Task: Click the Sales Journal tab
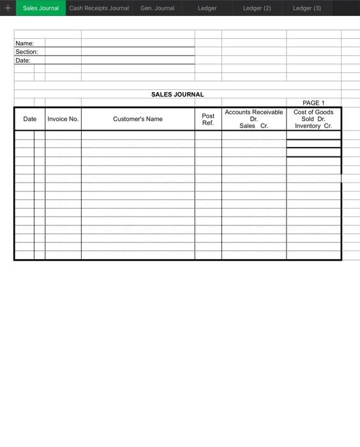click(41, 8)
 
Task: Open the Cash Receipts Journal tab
click(99, 8)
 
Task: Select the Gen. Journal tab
click(157, 8)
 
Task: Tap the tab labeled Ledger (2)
click(257, 8)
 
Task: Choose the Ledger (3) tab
click(307, 8)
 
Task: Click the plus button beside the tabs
click(8, 8)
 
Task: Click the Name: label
click(24, 43)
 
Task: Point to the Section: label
click(27, 52)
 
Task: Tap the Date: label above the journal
click(23, 60)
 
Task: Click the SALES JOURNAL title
click(177, 95)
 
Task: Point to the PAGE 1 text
click(313, 103)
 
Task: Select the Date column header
click(30, 119)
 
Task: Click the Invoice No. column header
click(63, 119)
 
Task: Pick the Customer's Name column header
click(138, 119)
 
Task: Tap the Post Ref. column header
click(208, 119)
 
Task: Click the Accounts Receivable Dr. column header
click(254, 115)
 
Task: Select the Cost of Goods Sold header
click(313, 116)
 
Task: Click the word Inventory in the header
click(308, 126)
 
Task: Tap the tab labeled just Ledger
click(207, 8)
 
